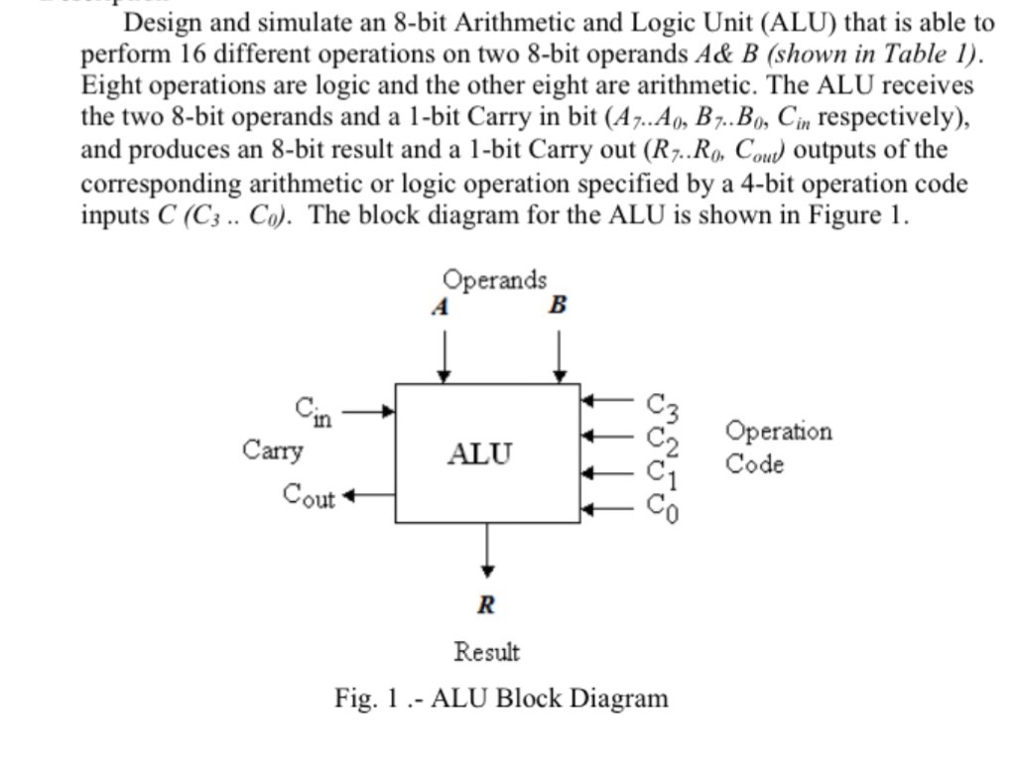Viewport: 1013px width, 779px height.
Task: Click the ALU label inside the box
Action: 480,454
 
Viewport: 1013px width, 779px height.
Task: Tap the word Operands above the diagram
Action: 494,279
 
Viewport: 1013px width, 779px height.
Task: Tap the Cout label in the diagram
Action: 309,494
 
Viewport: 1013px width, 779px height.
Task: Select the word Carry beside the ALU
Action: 273,450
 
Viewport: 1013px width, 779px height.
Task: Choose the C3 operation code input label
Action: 663,405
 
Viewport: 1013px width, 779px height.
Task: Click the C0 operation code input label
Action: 663,509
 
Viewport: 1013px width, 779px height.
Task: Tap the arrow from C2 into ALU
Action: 607,435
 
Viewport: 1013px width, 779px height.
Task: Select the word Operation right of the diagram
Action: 779,432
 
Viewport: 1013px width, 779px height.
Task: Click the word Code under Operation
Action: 754,463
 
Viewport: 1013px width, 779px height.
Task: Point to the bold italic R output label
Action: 486,604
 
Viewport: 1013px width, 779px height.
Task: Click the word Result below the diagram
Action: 486,652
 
